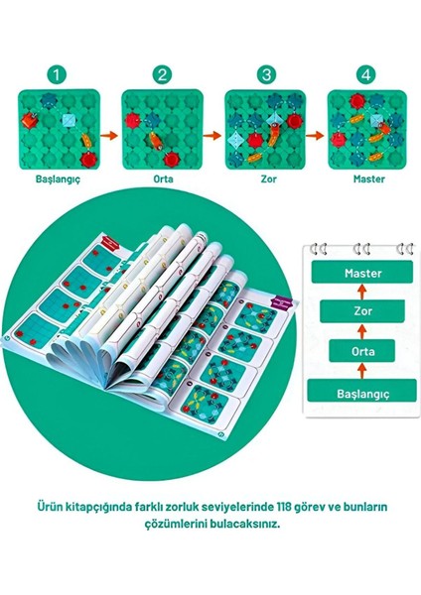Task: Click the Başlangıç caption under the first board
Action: tap(58, 180)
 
